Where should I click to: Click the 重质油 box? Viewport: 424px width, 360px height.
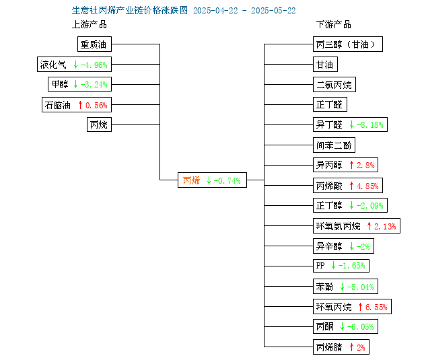pos(94,44)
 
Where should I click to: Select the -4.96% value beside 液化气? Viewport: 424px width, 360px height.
pos(94,65)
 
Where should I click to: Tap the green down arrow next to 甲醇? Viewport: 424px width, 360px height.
pos(75,84)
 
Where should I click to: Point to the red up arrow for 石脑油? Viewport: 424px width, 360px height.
pos(80,105)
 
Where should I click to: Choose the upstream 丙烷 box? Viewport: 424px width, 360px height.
pos(99,124)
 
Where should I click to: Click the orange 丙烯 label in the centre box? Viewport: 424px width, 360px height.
pos(191,180)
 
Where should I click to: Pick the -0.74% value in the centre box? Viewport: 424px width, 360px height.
pos(227,180)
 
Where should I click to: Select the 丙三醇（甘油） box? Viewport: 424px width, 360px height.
pos(348,44)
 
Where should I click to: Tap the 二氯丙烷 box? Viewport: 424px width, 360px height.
pos(334,85)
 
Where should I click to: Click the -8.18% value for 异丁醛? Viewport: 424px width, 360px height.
pos(370,125)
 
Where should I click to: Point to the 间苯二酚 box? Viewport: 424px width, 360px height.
pos(334,145)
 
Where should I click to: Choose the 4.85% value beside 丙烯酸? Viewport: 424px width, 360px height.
pos(367,186)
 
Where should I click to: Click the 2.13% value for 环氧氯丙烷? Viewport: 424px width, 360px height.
pos(385,227)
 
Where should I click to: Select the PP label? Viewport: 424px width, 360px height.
pos(320,266)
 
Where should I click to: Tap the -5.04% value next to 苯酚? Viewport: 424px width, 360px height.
pos(361,287)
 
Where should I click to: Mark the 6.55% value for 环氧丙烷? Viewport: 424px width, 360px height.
pos(376,307)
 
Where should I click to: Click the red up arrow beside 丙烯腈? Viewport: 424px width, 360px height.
pos(351,347)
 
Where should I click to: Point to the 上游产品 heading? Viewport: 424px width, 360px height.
pos(90,25)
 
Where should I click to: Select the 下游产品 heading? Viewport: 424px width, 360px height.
pos(334,25)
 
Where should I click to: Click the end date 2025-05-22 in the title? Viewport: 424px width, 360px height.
pos(273,11)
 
